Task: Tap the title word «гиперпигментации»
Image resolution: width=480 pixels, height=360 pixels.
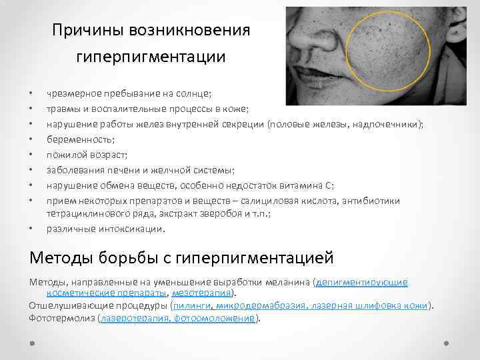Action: [151, 57]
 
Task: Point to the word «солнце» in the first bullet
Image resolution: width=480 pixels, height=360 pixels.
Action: [194, 95]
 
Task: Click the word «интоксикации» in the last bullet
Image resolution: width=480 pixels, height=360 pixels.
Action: [131, 228]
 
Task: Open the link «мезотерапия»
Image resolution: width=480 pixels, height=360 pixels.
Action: [203, 292]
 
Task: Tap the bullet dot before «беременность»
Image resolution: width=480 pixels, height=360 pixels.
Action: [31, 139]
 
